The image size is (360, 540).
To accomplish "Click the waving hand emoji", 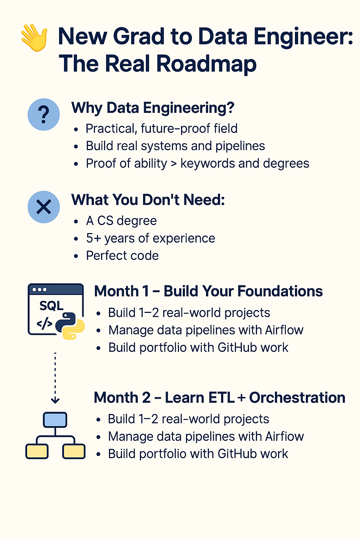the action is tap(34, 37).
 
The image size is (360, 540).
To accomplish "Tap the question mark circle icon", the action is tap(44, 115).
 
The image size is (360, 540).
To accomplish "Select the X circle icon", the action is tap(44, 207).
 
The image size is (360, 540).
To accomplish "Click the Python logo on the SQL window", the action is tap(70, 326).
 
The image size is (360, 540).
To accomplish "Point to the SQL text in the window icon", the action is tap(51, 306).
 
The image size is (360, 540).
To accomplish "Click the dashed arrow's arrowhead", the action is tap(55, 400).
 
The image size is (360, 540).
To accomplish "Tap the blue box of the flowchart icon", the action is tap(55, 420).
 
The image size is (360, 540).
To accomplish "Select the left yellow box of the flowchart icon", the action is tap(37, 451).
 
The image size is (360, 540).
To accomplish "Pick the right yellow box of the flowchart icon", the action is tap(74, 451).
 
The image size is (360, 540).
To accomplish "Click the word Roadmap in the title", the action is tap(206, 64).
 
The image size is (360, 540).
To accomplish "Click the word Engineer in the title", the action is tap(300, 37).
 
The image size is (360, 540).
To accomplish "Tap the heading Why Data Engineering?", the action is tap(153, 108).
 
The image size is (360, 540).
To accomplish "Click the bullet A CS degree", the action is tap(121, 220).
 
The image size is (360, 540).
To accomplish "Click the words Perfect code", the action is tap(122, 256).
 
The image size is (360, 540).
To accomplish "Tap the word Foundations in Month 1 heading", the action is tap(280, 291).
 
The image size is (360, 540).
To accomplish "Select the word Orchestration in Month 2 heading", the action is tap(297, 398).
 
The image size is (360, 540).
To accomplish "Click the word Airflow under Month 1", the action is tap(284, 330).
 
